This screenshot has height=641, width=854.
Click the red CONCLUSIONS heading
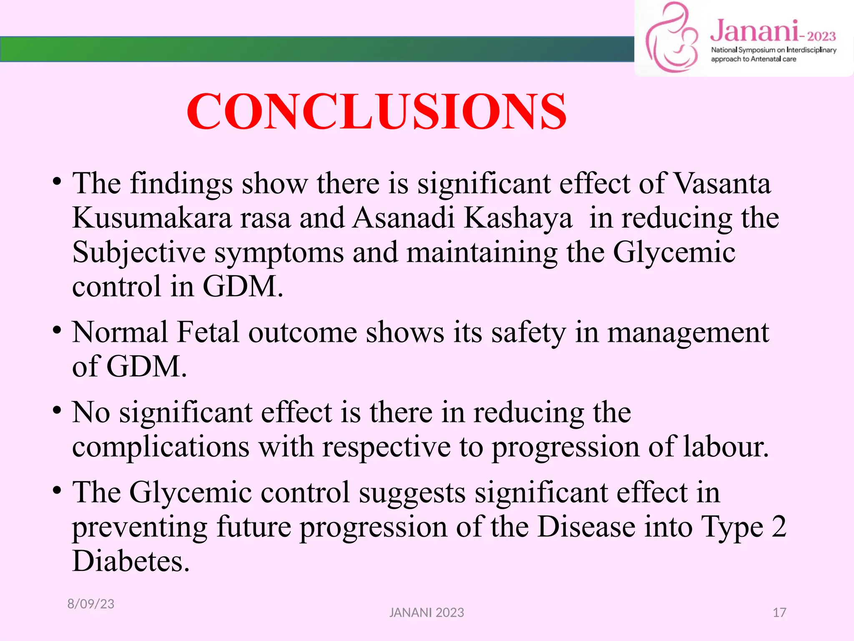point(377,112)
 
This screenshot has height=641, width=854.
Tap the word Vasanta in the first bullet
point(722,184)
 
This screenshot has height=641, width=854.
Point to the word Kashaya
point(518,218)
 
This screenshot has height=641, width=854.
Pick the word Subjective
point(139,253)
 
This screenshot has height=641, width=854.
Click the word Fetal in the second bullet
point(208,333)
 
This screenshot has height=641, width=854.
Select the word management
point(688,333)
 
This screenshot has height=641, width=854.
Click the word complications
point(161,447)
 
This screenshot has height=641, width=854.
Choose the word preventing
point(140,527)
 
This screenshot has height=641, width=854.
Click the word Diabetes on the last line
point(131,561)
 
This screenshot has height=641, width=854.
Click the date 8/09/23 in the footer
point(91,604)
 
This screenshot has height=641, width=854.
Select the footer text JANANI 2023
point(427,613)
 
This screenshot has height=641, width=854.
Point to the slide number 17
point(779,613)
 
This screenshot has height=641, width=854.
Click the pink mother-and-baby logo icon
point(671,38)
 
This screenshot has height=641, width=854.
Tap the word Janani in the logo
point(754,31)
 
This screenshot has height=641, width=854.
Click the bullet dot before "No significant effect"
point(57,411)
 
